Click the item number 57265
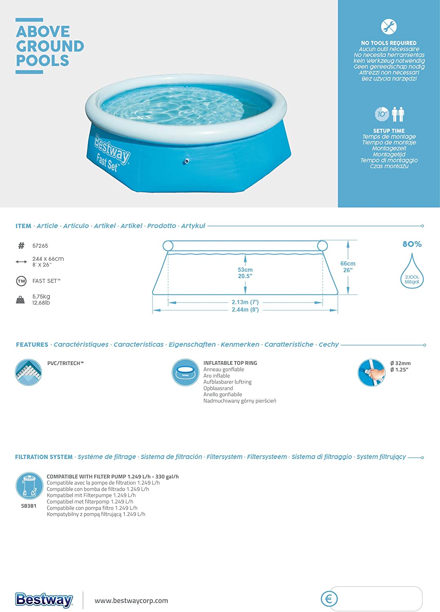pyautogui.click(x=40, y=246)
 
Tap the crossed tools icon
pyautogui.click(x=389, y=27)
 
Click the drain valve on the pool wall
pyautogui.click(x=187, y=161)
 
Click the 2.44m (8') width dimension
pyautogui.click(x=245, y=310)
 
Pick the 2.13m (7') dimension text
pyautogui.click(x=245, y=302)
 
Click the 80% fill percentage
pyautogui.click(x=412, y=244)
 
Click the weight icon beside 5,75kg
pyautogui.click(x=20, y=300)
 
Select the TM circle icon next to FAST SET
pyautogui.click(x=21, y=281)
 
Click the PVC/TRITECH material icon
pyautogui.click(x=29, y=372)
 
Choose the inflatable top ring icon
pyautogui.click(x=185, y=372)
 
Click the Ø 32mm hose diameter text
pyautogui.click(x=400, y=363)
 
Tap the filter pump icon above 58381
pyautogui.click(x=29, y=486)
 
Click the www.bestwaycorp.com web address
pyautogui.click(x=131, y=601)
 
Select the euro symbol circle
pyautogui.click(x=329, y=599)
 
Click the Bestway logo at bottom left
pyautogui.click(x=44, y=600)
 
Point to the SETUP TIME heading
pyautogui.click(x=389, y=131)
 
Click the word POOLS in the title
pyautogui.click(x=43, y=61)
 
